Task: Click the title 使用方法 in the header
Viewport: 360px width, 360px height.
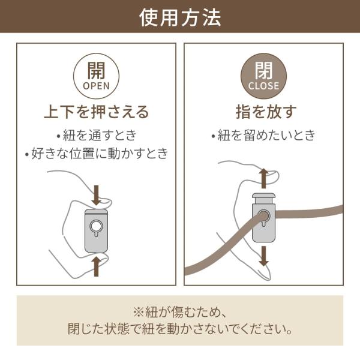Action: (x=180, y=18)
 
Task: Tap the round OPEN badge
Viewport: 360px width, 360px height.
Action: (x=96, y=76)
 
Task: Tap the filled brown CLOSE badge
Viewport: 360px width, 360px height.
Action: (x=263, y=76)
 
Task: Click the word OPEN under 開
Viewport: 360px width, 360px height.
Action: (x=96, y=86)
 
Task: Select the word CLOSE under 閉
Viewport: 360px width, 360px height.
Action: (x=263, y=86)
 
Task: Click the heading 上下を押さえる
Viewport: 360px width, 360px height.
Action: (x=97, y=112)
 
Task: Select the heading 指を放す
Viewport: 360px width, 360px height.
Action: (x=266, y=112)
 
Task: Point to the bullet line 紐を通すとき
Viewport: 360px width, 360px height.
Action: (x=97, y=135)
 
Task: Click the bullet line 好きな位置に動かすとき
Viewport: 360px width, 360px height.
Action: (x=97, y=153)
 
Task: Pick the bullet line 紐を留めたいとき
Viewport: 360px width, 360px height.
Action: (x=263, y=135)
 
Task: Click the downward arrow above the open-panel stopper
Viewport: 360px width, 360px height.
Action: (x=97, y=195)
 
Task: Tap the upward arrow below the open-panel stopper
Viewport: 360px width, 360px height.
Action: (x=97, y=266)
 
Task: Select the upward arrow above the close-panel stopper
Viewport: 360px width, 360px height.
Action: (x=264, y=178)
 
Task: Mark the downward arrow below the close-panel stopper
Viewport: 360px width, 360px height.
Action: (x=264, y=256)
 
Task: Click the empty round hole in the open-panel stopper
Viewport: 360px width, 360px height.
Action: (x=96, y=226)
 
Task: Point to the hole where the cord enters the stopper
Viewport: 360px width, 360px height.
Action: (x=264, y=217)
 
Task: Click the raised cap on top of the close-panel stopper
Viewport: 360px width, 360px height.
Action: (x=263, y=198)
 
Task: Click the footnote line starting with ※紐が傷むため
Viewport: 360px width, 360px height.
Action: (x=180, y=312)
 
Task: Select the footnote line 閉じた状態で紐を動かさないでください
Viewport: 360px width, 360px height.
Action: (x=180, y=329)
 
